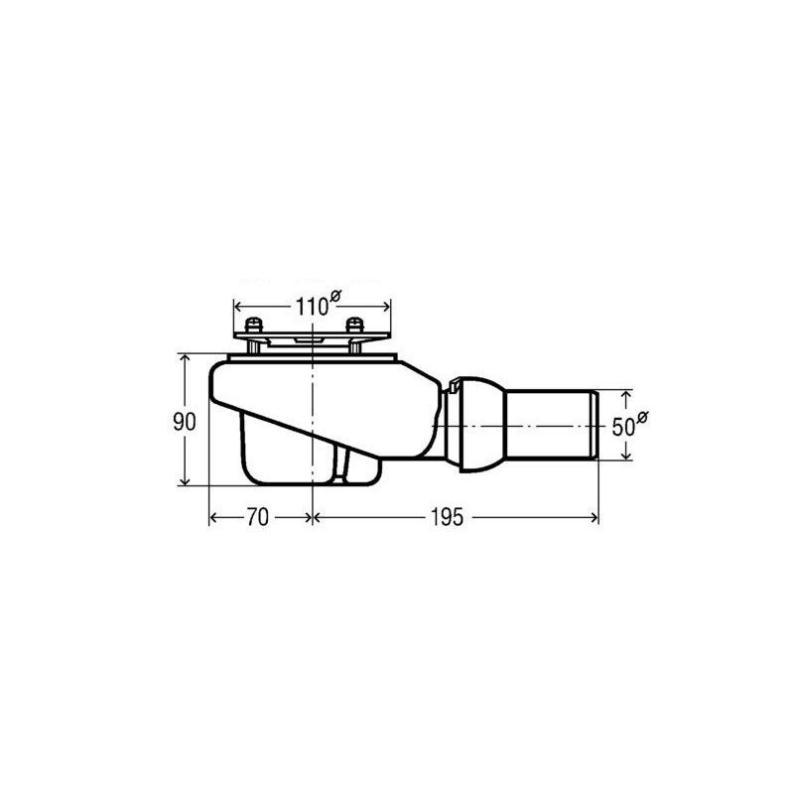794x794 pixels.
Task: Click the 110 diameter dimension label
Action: point(312,307)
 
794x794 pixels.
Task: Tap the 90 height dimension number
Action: point(184,421)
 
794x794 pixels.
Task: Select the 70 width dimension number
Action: point(257,517)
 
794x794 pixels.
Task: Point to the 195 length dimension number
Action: point(448,517)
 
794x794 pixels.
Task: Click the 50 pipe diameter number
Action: point(623,427)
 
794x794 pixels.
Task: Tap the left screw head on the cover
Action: point(252,325)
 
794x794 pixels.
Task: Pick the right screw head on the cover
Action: point(354,325)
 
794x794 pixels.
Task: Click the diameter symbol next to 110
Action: point(335,296)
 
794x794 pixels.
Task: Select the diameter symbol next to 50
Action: point(642,417)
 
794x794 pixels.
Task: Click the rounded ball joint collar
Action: point(481,425)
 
